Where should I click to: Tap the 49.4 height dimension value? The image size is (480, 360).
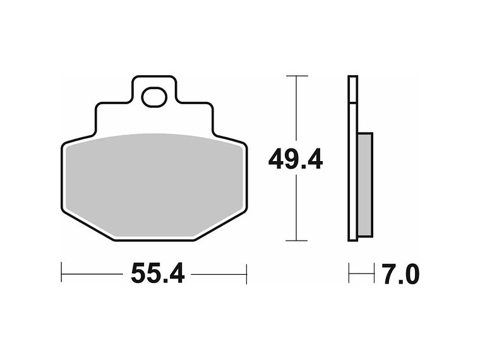tap(296, 159)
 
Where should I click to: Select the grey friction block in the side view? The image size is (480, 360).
tap(365, 184)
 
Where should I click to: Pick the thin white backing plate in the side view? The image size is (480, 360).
tap(352, 158)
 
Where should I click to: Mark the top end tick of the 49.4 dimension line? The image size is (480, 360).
tap(297, 76)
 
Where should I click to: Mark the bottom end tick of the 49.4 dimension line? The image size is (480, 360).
tap(297, 241)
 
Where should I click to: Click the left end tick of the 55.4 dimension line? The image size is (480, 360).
tap(61, 273)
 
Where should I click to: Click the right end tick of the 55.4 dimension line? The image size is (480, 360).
tap(246, 273)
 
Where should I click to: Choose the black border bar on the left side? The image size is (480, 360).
tap(30, 180)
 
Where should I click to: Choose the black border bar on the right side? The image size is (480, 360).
tap(450, 180)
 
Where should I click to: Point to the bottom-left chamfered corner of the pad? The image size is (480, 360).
tap(85, 224)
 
